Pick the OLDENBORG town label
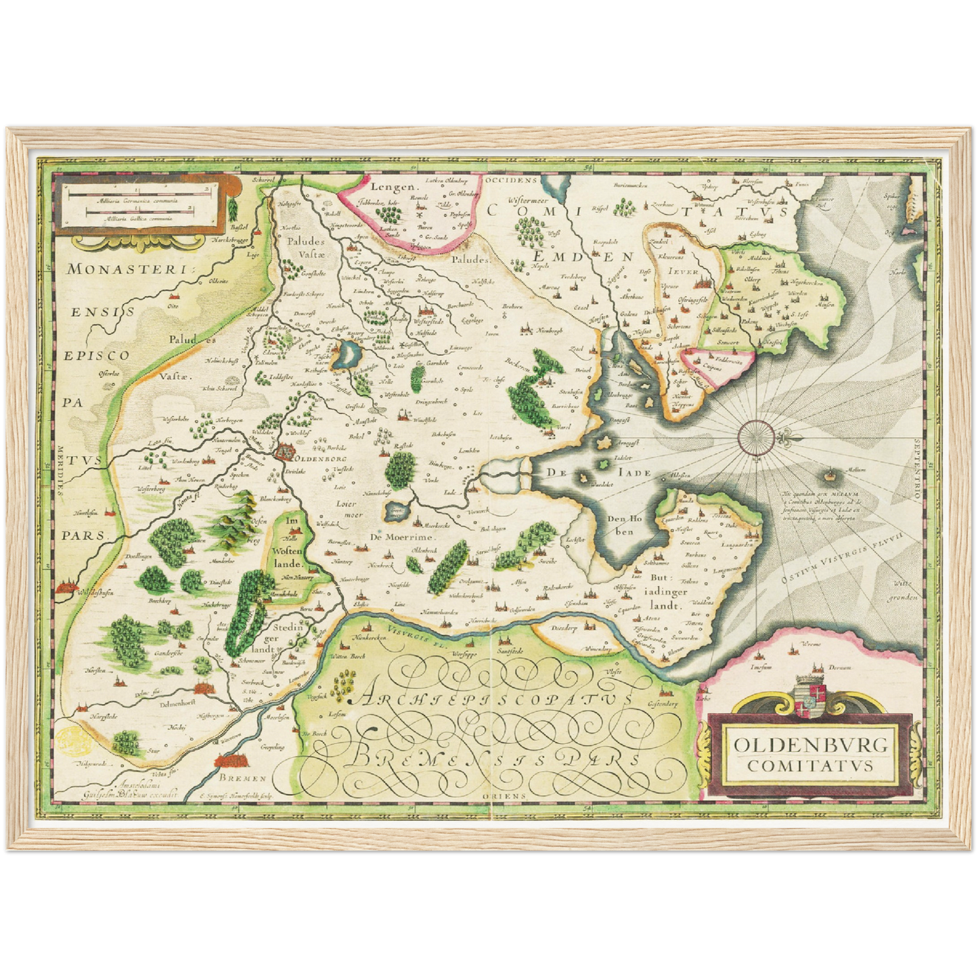(x=312, y=458)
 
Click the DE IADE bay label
(x=600, y=472)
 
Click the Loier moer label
(x=349, y=509)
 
